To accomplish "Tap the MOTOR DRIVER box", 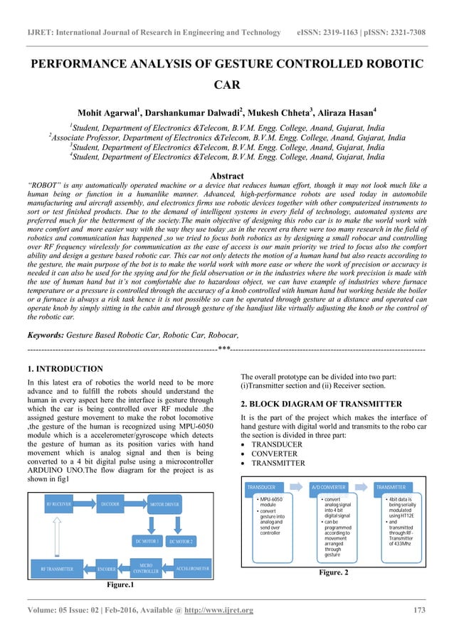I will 167,503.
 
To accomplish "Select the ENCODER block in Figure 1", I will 107,569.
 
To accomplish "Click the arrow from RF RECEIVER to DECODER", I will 85,503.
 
